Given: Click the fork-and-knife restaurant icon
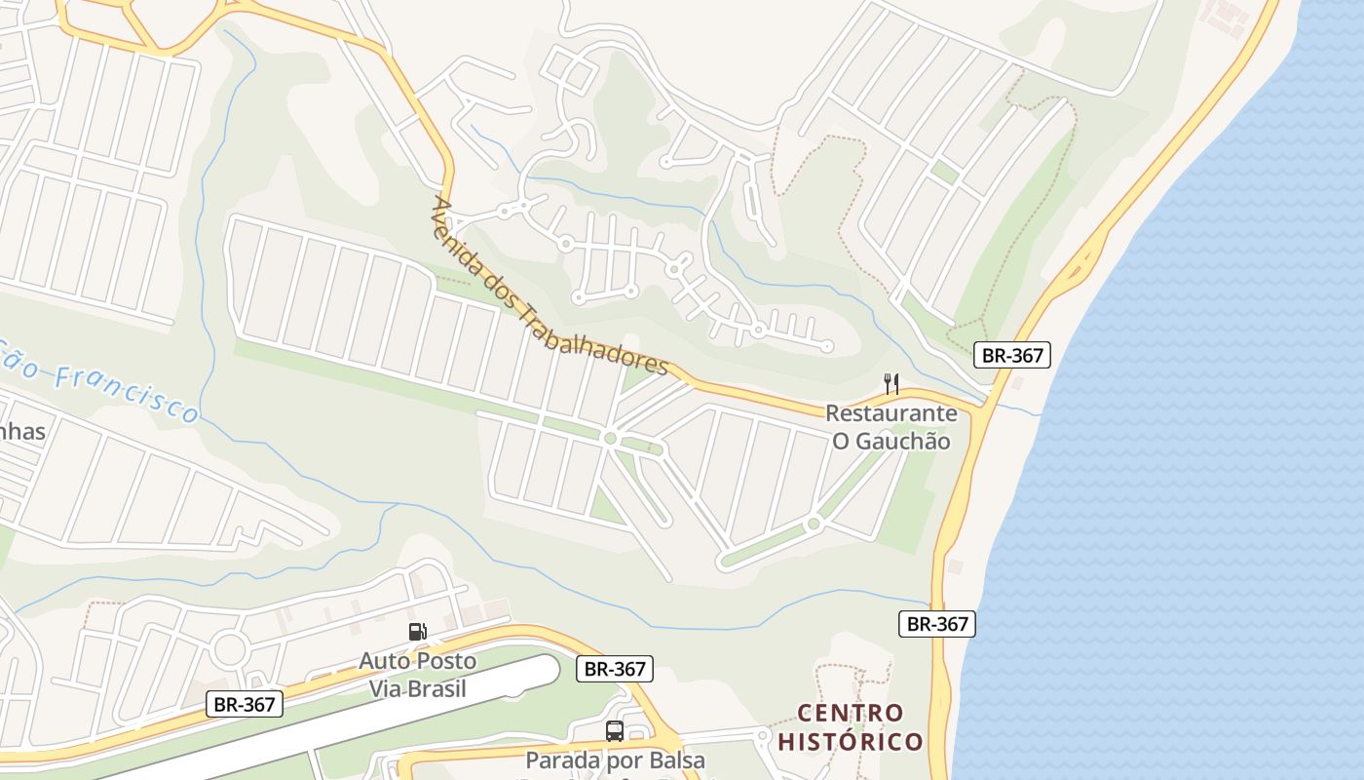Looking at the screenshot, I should [x=890, y=383].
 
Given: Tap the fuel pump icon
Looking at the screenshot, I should [x=417, y=632].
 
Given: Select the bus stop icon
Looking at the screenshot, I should [x=615, y=731].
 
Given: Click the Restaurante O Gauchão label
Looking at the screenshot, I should [x=890, y=427].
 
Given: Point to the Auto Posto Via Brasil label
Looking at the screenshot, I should [x=417, y=675].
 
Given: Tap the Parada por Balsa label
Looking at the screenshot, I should [x=615, y=760].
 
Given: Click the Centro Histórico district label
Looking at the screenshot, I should [x=851, y=727].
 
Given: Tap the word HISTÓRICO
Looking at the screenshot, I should [x=851, y=742].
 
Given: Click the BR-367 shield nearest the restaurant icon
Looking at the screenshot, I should [x=1012, y=355].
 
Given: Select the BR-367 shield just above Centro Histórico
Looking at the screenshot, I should [x=936, y=624].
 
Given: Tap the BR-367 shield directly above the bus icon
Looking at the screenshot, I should [x=615, y=669].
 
